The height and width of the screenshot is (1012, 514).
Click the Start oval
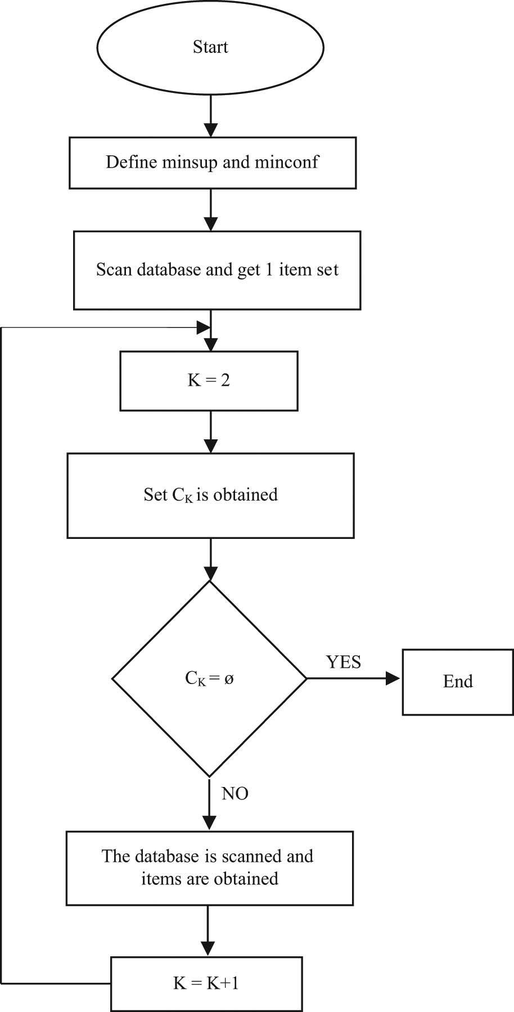click(210, 47)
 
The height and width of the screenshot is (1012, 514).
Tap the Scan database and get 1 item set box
click(217, 270)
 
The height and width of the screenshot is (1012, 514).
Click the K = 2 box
click(209, 381)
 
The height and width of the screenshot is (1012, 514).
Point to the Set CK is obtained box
click(210, 495)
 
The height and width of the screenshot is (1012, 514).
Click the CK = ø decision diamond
click(209, 678)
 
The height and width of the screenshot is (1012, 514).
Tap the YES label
click(343, 662)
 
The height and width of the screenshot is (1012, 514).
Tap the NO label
click(235, 794)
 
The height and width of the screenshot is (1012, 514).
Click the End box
click(458, 682)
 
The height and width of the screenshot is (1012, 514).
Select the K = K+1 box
click(206, 983)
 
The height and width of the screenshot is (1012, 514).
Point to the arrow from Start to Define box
click(210, 115)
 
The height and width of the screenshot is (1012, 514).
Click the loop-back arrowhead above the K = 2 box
click(203, 327)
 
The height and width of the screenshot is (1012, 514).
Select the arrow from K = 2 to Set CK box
click(210, 431)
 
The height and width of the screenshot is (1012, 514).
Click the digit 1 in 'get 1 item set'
click(269, 270)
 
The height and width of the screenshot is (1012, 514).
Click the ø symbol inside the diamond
click(229, 679)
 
